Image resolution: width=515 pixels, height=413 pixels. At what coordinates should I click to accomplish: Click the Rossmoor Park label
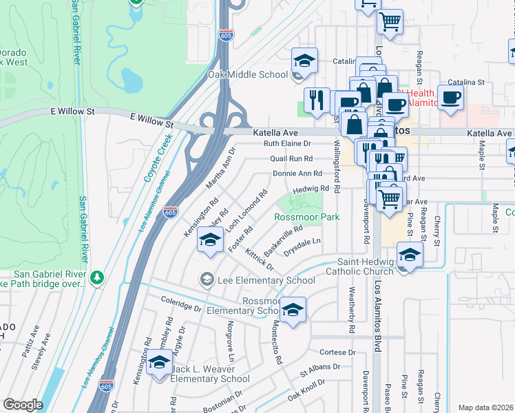[x=307, y=217]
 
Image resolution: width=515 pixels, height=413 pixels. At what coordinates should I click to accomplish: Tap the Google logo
[x=23, y=405]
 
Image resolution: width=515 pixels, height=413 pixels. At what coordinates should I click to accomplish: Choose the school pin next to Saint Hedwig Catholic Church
[x=410, y=255]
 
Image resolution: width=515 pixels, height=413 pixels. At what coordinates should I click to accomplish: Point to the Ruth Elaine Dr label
[x=288, y=144]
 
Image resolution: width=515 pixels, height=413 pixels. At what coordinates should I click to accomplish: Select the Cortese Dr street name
[x=337, y=352]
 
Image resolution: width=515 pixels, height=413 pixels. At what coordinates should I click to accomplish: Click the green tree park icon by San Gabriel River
[x=97, y=277]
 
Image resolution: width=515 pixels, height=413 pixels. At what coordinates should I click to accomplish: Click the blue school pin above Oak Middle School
[x=304, y=60]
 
